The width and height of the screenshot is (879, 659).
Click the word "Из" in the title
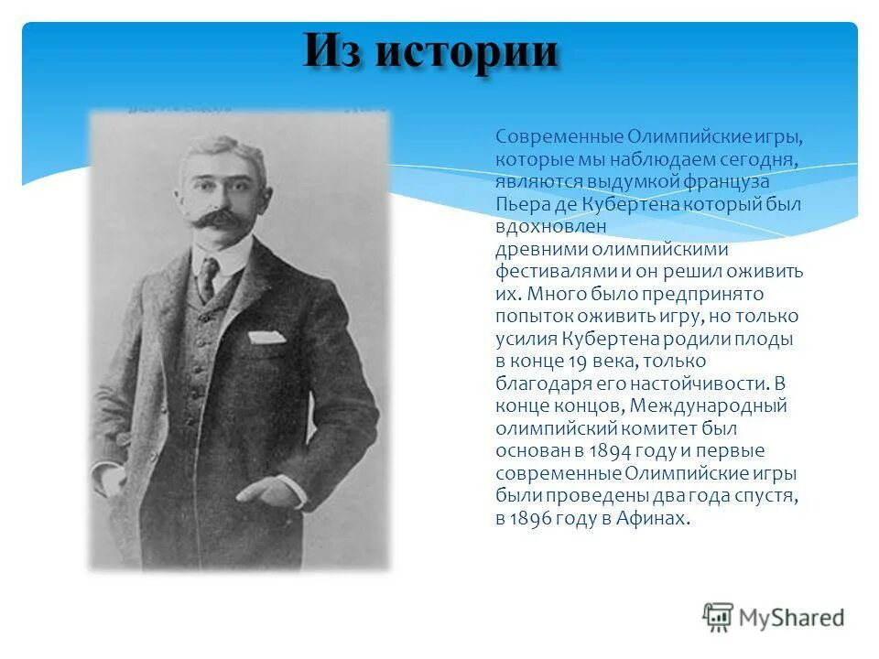(337, 51)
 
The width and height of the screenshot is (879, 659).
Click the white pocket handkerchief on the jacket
(266, 337)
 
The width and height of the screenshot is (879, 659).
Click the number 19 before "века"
(557, 361)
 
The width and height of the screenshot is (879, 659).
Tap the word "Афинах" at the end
(652, 518)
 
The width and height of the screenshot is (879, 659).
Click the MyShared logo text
(792, 618)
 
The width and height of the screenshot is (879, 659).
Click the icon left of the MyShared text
(719, 618)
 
